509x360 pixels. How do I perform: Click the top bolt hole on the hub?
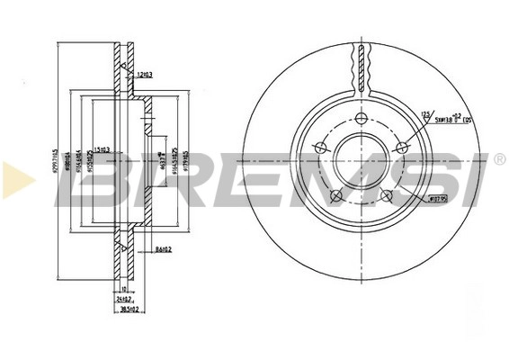[362, 120]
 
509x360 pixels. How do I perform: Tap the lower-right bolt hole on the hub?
[387, 195]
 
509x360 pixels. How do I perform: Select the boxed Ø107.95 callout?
[437, 198]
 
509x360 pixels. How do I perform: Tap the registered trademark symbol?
[499, 159]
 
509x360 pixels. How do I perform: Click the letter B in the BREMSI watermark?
[90, 180]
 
